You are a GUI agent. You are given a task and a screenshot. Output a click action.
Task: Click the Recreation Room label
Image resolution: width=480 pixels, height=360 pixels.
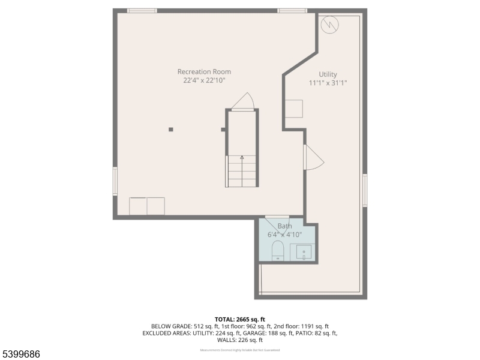tap(204, 72)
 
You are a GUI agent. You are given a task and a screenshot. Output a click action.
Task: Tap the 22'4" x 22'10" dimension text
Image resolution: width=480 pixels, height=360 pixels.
tap(204, 80)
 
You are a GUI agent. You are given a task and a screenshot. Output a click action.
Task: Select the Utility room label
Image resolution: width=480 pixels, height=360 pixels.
tap(328, 74)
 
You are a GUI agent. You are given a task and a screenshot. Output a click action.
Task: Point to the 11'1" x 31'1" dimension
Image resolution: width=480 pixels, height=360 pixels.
tap(328, 83)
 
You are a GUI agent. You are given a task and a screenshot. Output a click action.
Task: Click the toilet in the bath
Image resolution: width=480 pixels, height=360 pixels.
tap(278, 251)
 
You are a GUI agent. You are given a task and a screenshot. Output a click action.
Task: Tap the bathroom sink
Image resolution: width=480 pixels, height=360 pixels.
tap(304, 252)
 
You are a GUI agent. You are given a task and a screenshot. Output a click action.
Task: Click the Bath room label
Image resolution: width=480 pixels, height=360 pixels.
tap(284, 226)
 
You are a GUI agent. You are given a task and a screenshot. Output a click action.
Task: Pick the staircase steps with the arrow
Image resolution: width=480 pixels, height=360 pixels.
tap(241, 171)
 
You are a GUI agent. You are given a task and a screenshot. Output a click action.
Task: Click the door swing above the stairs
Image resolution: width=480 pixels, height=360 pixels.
tap(243, 101)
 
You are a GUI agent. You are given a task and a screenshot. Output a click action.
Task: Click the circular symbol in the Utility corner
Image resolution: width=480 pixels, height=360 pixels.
tap(329, 24)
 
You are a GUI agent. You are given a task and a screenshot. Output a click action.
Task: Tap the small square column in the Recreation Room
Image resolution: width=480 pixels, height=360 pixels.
tap(171, 129)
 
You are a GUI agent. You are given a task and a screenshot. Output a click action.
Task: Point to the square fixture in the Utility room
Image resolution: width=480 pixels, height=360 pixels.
tap(293, 109)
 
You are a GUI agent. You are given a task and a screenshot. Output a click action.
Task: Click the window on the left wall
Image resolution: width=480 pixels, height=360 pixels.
tap(115, 181)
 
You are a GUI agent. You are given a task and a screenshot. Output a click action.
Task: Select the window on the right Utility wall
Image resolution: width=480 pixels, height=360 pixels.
tap(364, 190)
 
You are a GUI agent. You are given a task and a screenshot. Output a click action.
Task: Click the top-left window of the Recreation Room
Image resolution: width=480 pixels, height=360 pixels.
tap(142, 11)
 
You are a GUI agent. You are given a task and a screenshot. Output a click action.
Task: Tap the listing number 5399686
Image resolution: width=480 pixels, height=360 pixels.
tap(21, 355)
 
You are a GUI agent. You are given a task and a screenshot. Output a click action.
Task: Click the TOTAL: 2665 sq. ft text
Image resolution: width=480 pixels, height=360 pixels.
tap(240, 319)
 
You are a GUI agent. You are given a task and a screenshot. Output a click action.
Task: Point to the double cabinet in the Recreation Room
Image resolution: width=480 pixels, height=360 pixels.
tap(147, 206)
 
